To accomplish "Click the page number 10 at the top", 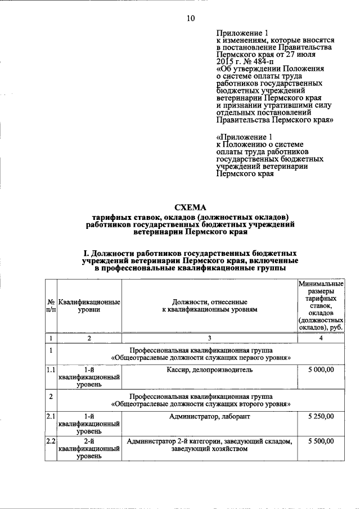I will point(190,19).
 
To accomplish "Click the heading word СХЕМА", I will point(191,207).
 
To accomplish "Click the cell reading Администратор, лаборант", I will point(209,416).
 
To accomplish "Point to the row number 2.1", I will point(51,416).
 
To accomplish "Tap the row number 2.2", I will point(51,442).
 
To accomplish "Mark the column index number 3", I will point(209,338).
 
